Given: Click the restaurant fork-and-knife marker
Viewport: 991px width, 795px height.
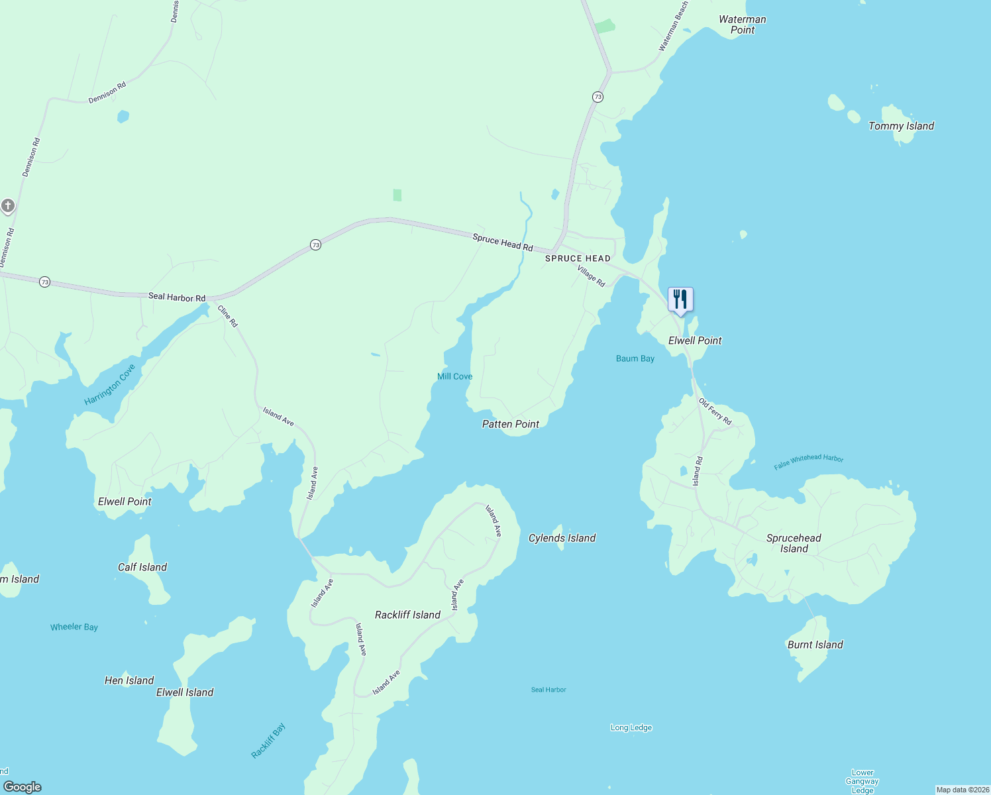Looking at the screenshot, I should coord(680,299).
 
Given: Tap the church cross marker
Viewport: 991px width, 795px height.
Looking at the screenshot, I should coord(8,205).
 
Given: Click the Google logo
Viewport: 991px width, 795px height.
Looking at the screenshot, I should coord(23,786).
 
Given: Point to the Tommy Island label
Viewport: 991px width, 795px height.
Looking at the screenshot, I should coord(901,126).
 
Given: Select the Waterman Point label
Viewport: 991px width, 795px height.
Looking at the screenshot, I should coord(743,25).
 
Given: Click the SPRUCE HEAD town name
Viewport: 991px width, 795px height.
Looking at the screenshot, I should coord(578,258).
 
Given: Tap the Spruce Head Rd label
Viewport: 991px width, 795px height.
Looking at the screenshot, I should coord(503,242).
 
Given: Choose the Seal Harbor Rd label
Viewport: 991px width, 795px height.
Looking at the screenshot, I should coord(177,297).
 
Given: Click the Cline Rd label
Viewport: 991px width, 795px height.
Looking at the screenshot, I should coord(227,316).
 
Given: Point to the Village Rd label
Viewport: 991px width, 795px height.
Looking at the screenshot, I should coord(591,276).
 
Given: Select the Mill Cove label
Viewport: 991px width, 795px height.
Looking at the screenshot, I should coord(454,376).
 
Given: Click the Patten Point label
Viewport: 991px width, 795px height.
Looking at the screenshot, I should coord(510,424).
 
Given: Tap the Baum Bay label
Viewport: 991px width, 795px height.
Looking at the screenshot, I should coord(635,358).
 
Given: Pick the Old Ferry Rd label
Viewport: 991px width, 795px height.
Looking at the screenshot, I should coord(715,411).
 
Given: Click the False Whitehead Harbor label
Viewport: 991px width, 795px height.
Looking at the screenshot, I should coord(808,461).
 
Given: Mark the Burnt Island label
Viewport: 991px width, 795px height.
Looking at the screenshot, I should coord(815,645).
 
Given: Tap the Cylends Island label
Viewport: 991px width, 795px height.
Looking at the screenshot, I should coord(562,538).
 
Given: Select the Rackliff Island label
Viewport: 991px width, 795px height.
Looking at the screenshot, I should coord(407,615).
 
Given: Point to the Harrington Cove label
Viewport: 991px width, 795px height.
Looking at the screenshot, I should coord(110,384).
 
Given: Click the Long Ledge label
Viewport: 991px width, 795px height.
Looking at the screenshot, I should coord(631,727).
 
